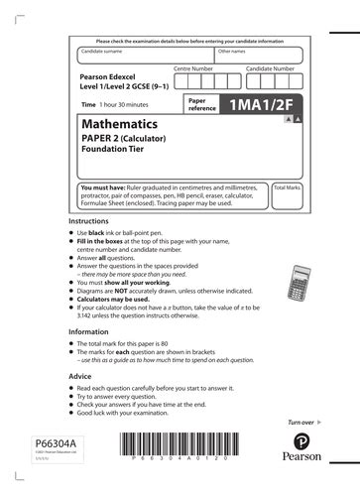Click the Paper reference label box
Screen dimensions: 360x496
[x=201, y=103]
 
